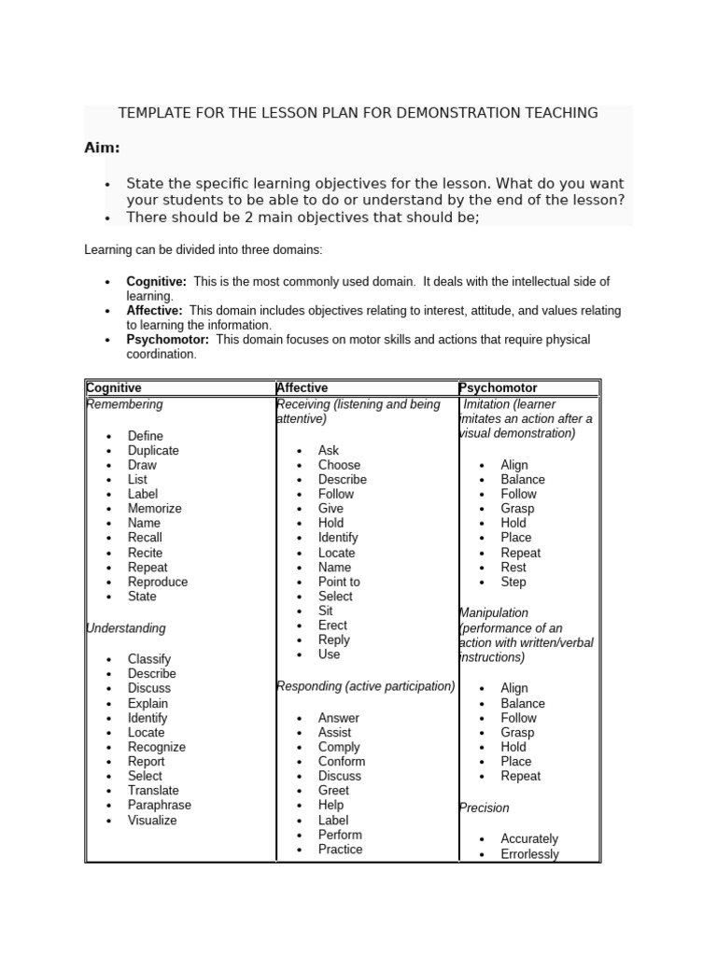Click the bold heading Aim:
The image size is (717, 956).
102,148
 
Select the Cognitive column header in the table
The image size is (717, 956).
114,387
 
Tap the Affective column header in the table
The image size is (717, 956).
302,387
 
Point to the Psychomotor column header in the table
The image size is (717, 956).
499,387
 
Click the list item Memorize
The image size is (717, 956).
154,509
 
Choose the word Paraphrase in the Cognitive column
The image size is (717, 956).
159,805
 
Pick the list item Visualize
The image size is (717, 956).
152,821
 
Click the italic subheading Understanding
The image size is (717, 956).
126,628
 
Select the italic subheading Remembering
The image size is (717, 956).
124,404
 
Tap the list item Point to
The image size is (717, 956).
339,582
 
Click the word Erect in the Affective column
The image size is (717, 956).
332,626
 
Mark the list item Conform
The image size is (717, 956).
342,762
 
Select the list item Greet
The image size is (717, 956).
333,791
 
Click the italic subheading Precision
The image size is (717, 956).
485,808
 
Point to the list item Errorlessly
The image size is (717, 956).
529,854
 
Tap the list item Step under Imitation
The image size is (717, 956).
513,582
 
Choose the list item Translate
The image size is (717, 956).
153,791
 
